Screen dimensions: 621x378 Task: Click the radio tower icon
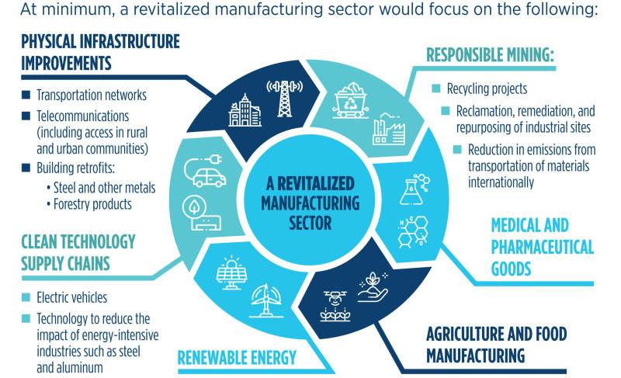[x=284, y=99]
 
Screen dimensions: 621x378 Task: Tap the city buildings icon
[x=245, y=110]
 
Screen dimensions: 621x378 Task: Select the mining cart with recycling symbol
[x=351, y=100]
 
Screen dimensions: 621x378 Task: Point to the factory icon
[x=389, y=129]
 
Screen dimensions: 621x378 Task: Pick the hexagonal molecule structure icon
[x=414, y=232]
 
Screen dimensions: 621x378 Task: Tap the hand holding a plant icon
[x=373, y=287]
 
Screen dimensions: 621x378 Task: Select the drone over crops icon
[x=335, y=306]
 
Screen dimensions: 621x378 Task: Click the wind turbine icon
[x=266, y=301]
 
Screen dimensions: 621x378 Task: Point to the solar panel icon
[x=231, y=272]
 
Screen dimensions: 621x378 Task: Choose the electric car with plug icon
[x=205, y=172]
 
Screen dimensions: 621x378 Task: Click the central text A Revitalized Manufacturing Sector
[x=310, y=203]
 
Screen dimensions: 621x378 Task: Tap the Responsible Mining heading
[x=490, y=55]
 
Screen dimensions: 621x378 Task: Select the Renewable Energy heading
[x=237, y=358]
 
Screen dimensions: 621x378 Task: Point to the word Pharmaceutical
[x=542, y=247]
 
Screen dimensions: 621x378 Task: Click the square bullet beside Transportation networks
[x=26, y=95]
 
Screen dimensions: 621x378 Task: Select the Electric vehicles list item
[x=71, y=297]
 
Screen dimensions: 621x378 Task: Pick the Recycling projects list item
[x=487, y=88]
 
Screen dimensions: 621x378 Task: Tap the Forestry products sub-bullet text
[x=92, y=204]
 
